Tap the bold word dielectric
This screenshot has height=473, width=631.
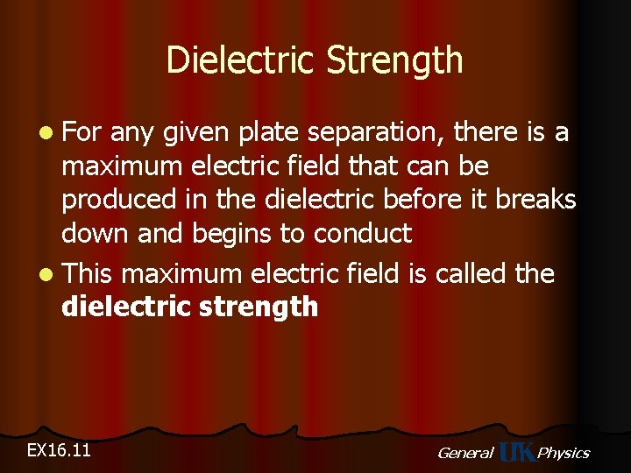(120, 307)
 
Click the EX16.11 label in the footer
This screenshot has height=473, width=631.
(60, 450)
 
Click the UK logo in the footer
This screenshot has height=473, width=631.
(515, 452)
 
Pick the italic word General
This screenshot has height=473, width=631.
(464, 453)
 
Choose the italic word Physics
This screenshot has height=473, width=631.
(563, 453)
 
